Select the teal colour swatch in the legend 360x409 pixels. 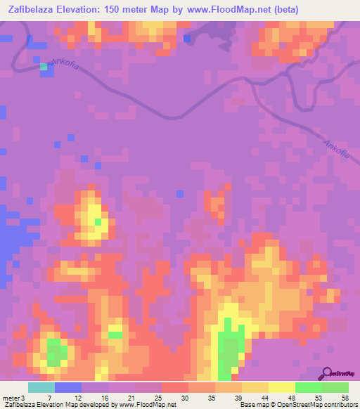pyautogui.click(x=41, y=387)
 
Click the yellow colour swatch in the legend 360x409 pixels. pyautogui.click(x=282, y=387)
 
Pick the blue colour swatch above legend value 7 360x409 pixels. pyautogui.click(x=68, y=387)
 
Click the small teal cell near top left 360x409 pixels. pyautogui.click(x=44, y=66)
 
